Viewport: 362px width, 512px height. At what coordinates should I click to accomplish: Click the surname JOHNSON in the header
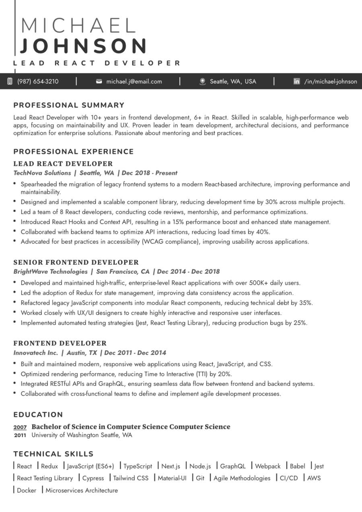tap(84, 46)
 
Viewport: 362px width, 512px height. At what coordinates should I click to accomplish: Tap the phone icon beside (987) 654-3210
tap(10, 81)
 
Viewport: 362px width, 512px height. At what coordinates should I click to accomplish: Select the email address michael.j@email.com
tap(134, 81)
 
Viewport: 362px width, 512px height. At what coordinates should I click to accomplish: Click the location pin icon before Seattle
tap(203, 81)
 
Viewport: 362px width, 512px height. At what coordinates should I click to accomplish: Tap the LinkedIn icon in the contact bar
tap(296, 81)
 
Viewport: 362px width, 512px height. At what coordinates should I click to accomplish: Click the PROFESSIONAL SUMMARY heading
tap(69, 105)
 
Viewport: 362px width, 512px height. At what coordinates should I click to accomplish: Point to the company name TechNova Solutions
tap(42, 173)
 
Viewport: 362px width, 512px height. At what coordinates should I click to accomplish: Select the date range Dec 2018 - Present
tap(149, 173)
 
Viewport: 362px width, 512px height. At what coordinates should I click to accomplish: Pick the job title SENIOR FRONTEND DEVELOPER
tap(76, 262)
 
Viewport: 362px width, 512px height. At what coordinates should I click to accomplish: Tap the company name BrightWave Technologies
tap(50, 271)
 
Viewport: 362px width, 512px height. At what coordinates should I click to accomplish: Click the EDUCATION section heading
tap(38, 415)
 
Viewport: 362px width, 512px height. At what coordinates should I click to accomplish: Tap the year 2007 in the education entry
tap(20, 427)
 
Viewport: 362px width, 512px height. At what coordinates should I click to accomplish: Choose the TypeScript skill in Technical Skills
tap(138, 466)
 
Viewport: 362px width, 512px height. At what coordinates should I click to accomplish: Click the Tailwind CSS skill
tap(130, 478)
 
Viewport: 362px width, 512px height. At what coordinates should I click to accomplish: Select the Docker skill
tap(27, 490)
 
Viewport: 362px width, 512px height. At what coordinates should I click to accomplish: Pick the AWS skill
tap(314, 478)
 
